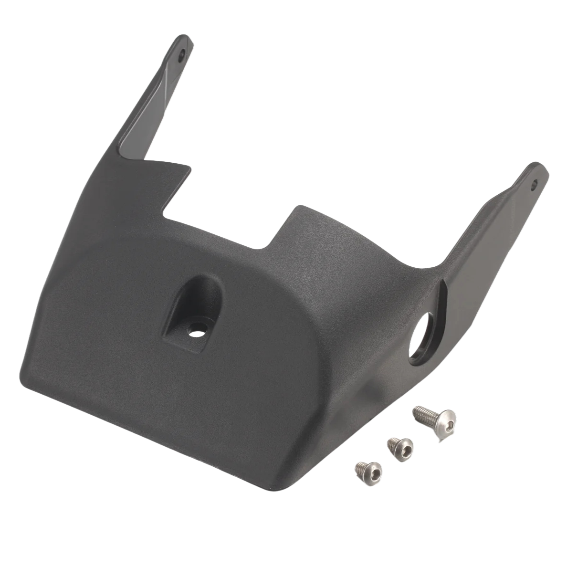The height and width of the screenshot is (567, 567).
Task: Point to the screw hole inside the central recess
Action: [x=194, y=330]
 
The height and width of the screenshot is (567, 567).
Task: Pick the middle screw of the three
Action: [x=400, y=447]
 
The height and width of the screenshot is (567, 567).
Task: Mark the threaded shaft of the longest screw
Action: [x=423, y=412]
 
